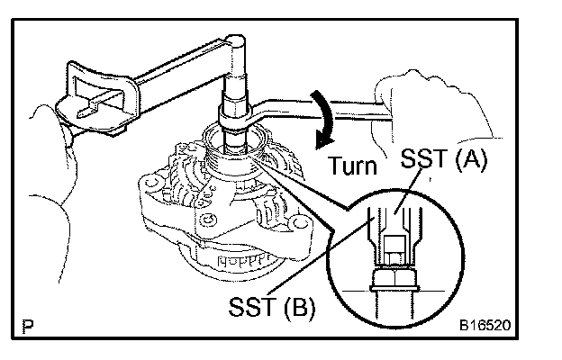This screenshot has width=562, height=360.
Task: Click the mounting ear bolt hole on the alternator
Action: pyautogui.click(x=208, y=220)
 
